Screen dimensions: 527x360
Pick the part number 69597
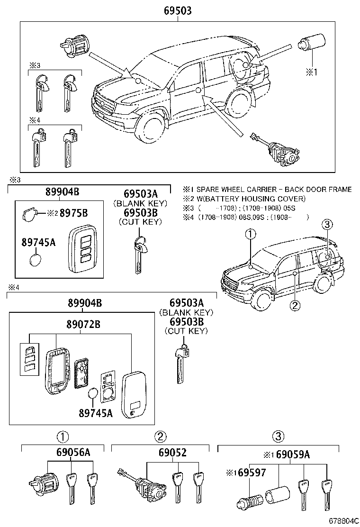[x=246, y=472]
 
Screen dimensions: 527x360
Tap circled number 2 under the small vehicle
[x=295, y=306]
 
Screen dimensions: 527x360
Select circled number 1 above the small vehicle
[x=250, y=233]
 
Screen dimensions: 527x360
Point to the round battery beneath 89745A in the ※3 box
[x=36, y=260]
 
